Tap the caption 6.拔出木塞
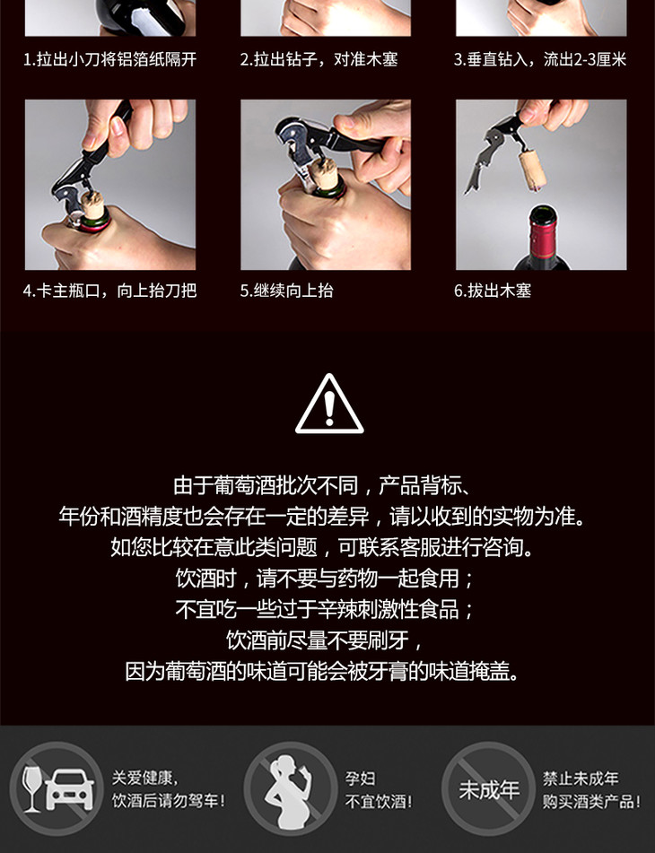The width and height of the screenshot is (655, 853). [x=493, y=291]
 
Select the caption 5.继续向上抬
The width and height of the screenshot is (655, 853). [x=287, y=291]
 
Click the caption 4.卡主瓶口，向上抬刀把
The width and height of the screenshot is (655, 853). [x=109, y=291]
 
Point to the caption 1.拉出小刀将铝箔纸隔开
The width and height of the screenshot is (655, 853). [x=109, y=59]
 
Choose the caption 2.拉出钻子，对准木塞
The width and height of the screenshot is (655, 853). [x=319, y=59]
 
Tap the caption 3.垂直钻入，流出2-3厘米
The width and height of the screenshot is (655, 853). [x=540, y=59]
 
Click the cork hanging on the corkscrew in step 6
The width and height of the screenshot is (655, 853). [x=531, y=170]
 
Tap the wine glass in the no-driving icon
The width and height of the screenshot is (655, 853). [x=31, y=788]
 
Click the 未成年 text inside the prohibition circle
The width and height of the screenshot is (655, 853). [x=488, y=790]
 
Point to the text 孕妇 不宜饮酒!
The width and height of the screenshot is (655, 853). [x=379, y=790]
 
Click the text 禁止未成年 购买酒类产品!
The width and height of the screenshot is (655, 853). [x=591, y=790]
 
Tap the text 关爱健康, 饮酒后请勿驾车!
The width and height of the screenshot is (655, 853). [x=168, y=790]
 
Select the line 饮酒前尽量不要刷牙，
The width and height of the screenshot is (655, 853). [x=325, y=640]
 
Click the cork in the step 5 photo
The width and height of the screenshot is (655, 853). [x=325, y=173]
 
